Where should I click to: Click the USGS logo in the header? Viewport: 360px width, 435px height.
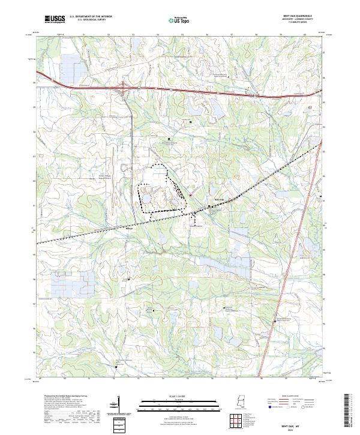coord(55,19)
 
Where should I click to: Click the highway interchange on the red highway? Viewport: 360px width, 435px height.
coord(125,89)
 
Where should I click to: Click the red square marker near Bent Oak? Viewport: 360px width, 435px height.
coord(190,195)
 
